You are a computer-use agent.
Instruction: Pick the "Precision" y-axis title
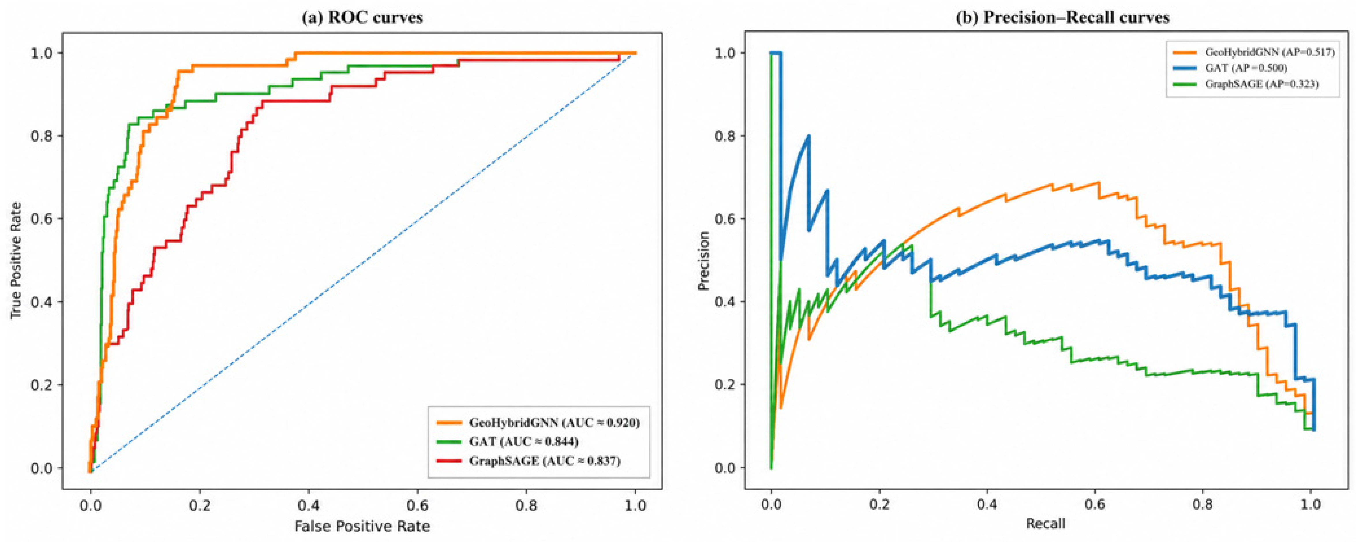(704, 260)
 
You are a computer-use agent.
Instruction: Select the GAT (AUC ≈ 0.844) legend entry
(508, 442)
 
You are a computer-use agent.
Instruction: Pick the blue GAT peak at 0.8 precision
(808, 136)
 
